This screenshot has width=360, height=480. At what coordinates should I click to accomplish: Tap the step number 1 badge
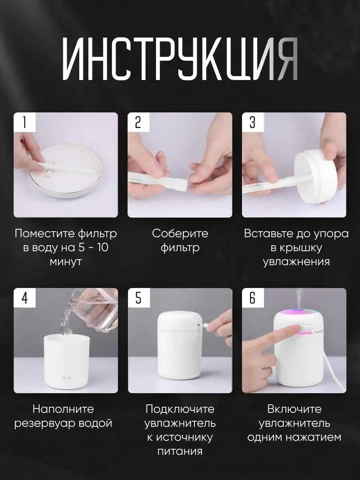[x=24, y=122]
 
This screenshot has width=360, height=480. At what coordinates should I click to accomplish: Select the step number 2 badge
[x=138, y=122]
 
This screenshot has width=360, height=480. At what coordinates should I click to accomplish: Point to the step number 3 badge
[x=252, y=122]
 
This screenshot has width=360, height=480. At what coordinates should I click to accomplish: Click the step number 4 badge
[x=24, y=298]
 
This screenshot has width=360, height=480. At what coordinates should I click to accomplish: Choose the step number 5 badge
[x=138, y=298]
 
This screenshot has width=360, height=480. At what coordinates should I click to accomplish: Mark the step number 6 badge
[x=252, y=298]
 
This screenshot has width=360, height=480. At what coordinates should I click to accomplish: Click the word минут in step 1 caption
[x=66, y=262]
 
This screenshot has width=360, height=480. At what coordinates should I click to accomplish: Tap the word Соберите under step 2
[x=180, y=234]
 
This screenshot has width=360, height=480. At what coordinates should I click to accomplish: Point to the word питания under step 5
[x=180, y=452]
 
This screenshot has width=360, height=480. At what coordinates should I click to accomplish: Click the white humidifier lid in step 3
[x=314, y=176]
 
